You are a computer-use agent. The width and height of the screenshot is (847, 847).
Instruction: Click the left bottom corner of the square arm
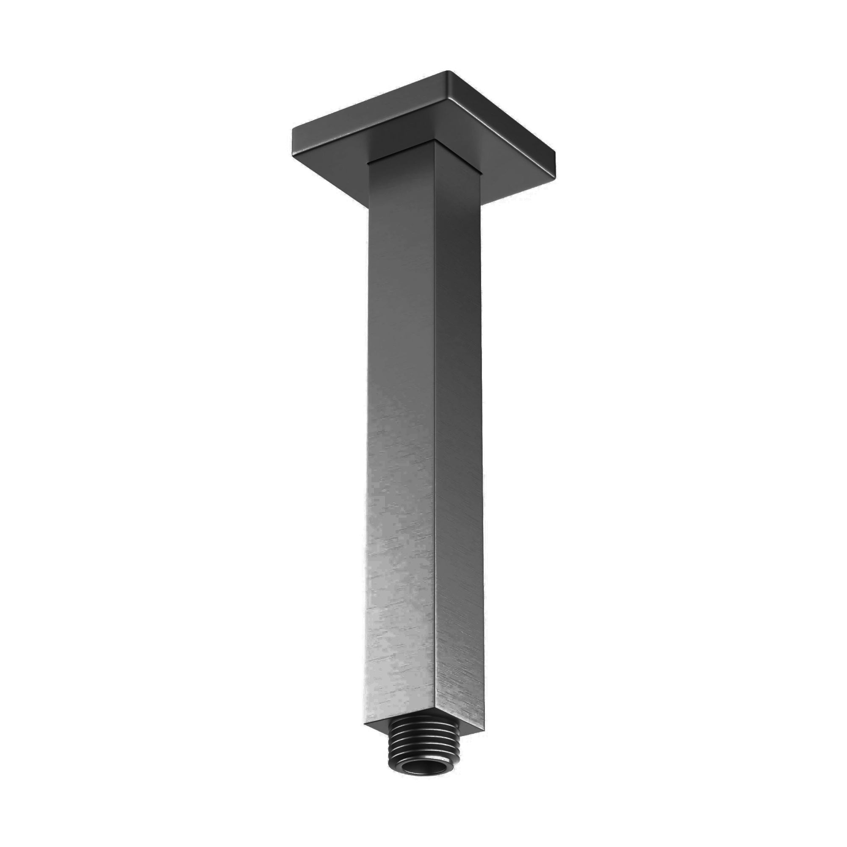pos(364,723)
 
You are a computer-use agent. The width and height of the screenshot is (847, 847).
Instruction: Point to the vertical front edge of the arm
pos(436,438)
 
